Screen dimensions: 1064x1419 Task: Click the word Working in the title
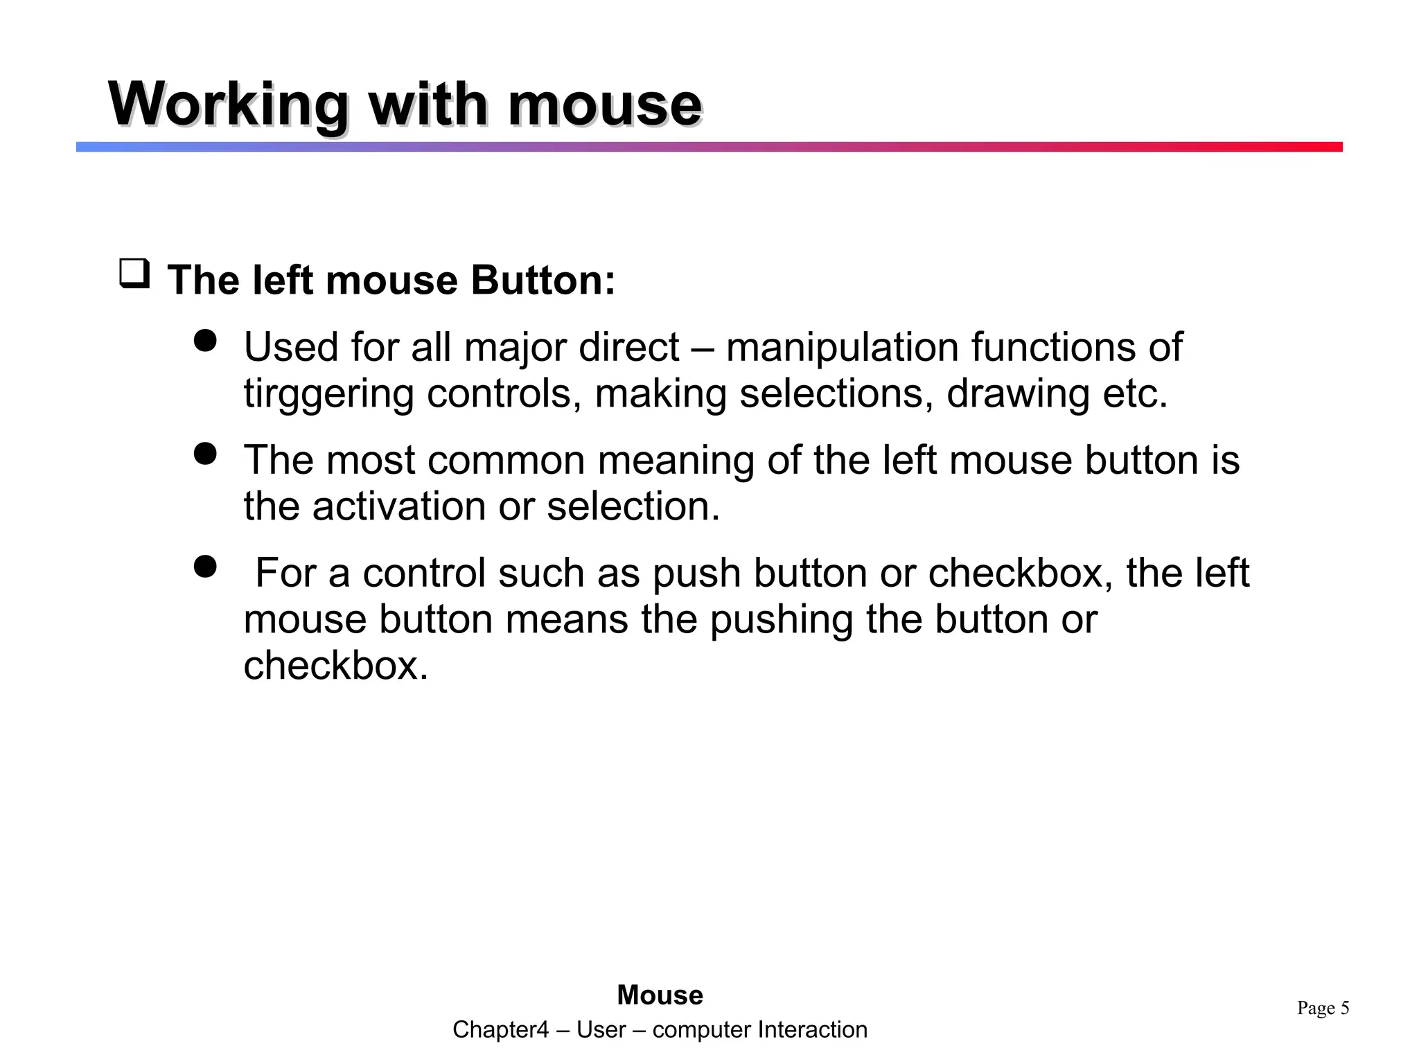(x=229, y=105)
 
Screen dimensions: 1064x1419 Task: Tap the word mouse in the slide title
(x=604, y=105)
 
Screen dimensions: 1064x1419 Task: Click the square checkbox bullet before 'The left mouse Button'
(x=134, y=274)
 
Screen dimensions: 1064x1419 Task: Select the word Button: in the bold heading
(x=543, y=281)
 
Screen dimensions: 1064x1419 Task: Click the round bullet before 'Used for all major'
(x=205, y=341)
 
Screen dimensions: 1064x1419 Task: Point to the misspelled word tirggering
(x=328, y=394)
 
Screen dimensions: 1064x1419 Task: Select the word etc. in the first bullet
(x=1134, y=394)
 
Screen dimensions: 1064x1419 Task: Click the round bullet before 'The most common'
(x=205, y=454)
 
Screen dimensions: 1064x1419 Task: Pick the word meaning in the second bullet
(x=676, y=461)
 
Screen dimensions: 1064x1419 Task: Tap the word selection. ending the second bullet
(x=633, y=506)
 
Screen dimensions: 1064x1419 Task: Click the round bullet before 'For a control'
(x=205, y=567)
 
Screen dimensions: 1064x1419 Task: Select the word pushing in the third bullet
(x=782, y=619)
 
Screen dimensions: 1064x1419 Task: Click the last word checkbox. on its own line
(x=336, y=666)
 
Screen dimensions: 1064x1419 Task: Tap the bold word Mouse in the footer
(x=660, y=995)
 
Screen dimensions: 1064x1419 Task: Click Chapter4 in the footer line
(x=500, y=1030)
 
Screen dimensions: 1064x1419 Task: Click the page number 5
(x=1344, y=1008)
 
